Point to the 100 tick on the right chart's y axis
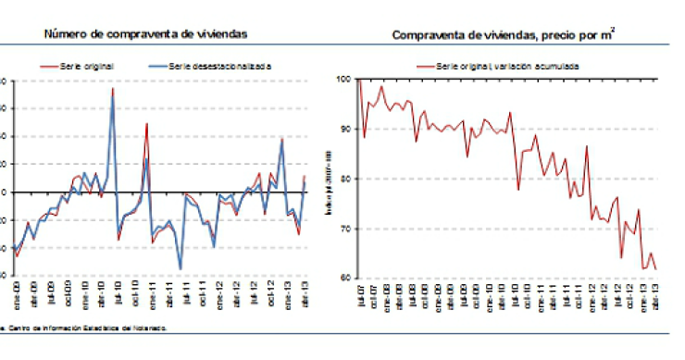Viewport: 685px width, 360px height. pyautogui.click(x=342, y=81)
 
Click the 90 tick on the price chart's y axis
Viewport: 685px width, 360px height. pyautogui.click(x=343, y=130)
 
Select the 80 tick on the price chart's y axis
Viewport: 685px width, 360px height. pyautogui.click(x=343, y=179)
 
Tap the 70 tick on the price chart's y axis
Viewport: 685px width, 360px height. pyautogui.click(x=343, y=229)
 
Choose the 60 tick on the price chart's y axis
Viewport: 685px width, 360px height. pyautogui.click(x=343, y=278)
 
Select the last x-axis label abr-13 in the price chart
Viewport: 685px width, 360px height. pyautogui.click(x=655, y=298)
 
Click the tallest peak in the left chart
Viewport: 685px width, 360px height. pyautogui.click(x=113, y=89)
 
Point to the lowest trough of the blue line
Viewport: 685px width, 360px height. pyautogui.click(x=181, y=268)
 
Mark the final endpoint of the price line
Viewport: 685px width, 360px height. pyautogui.click(x=656, y=269)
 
